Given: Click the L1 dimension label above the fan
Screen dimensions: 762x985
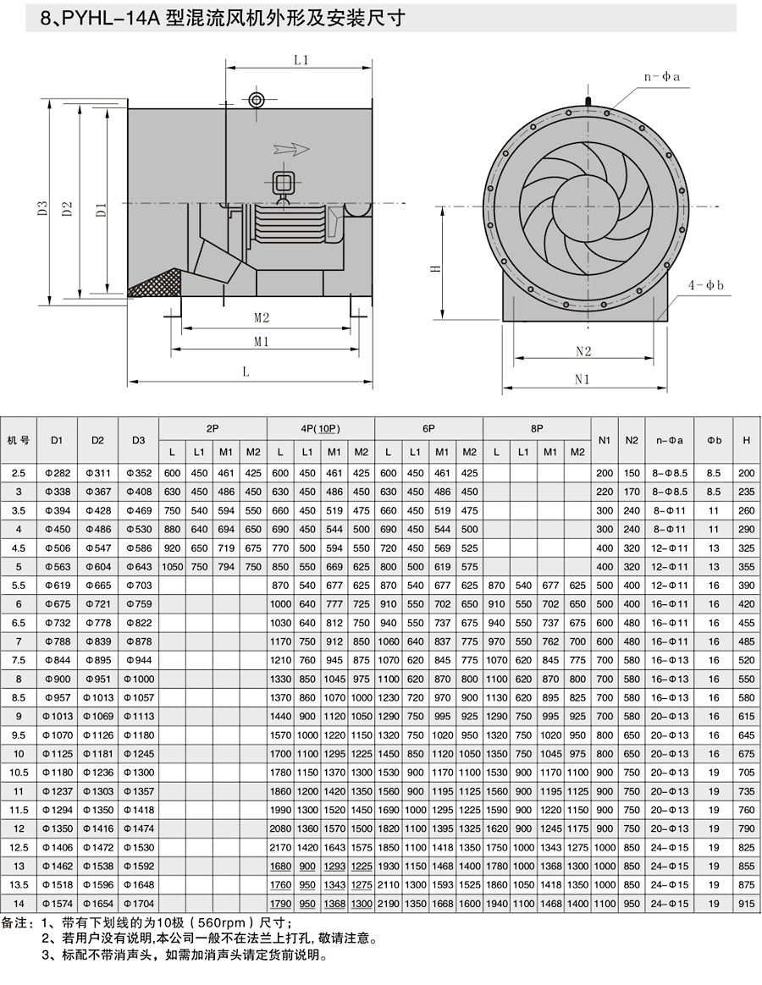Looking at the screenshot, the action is (301, 60).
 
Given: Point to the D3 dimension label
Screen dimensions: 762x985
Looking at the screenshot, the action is (42, 208).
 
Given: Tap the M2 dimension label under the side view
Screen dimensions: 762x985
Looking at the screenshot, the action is (262, 318).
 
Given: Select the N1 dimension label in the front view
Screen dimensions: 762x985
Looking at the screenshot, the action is (583, 379).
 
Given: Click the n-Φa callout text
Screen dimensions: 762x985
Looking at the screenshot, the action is (661, 77).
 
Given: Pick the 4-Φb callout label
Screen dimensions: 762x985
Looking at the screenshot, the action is (705, 285).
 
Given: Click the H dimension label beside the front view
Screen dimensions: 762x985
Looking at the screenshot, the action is (434, 268).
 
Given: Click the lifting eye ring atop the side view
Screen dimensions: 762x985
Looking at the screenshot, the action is (257, 100).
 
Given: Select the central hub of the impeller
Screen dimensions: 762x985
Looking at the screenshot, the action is (583, 204).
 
